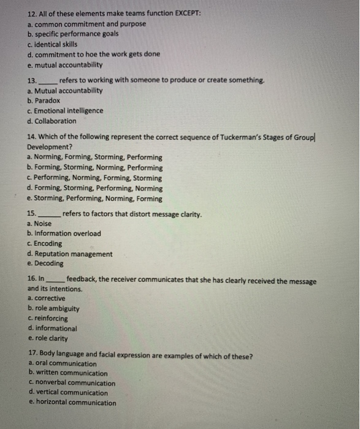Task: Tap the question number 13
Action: (x=33, y=80)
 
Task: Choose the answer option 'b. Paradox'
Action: (x=44, y=101)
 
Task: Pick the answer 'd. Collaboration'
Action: (x=52, y=121)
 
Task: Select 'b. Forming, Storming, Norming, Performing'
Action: (x=95, y=167)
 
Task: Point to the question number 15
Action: (x=33, y=214)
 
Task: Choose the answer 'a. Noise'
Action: (x=40, y=224)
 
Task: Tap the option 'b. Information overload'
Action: (x=64, y=233)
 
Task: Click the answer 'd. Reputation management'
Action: (x=70, y=254)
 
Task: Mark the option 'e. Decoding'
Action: (x=45, y=264)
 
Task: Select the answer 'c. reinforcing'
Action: (x=48, y=319)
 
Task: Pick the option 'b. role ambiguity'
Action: (x=53, y=309)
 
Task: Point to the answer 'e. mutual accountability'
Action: (x=65, y=64)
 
